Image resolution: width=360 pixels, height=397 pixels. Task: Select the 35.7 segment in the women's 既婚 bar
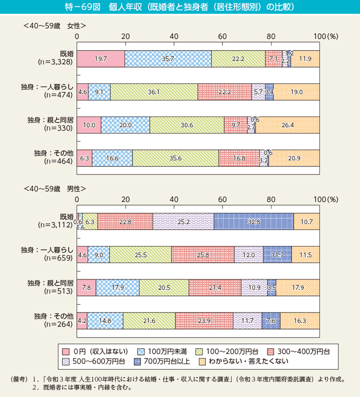[x=168, y=59]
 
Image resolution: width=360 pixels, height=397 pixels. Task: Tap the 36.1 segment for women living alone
[x=154, y=92]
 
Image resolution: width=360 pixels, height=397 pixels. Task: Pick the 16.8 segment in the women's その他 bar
[x=239, y=158]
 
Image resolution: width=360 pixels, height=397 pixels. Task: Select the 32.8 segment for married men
[x=253, y=221]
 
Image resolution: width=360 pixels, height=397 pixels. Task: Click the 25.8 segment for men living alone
[x=202, y=254]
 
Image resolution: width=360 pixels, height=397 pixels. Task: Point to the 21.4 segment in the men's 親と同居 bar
[x=215, y=287]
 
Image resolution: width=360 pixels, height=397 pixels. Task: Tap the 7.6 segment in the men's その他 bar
[x=271, y=320]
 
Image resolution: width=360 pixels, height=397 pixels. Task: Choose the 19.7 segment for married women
[x=100, y=59]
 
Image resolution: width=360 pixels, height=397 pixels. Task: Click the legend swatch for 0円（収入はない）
[x=63, y=350]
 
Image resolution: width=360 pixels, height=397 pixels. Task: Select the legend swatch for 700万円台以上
[x=137, y=360]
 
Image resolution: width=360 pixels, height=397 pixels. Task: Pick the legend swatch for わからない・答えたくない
[x=202, y=360]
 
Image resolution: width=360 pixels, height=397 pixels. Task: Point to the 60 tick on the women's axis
[x=222, y=37]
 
